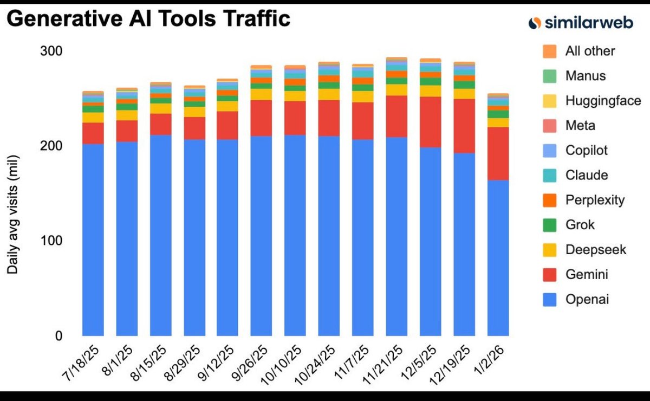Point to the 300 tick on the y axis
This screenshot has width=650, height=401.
[x=51, y=51]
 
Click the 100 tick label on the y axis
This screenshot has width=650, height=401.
[x=51, y=241]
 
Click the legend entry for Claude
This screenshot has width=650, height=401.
[x=586, y=175]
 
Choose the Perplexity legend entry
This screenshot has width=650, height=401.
[x=594, y=200]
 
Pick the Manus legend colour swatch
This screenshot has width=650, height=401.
[x=549, y=76]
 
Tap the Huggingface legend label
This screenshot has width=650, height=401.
[x=603, y=101]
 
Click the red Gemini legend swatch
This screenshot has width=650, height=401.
[x=549, y=275]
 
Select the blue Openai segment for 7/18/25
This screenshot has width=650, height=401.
[x=93, y=238]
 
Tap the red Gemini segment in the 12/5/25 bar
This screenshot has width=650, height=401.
[x=430, y=122]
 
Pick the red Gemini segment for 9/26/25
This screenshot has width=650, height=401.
[x=261, y=118]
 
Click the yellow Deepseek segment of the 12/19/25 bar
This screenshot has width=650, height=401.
[x=464, y=94]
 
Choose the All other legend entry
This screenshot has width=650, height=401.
[x=590, y=51]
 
